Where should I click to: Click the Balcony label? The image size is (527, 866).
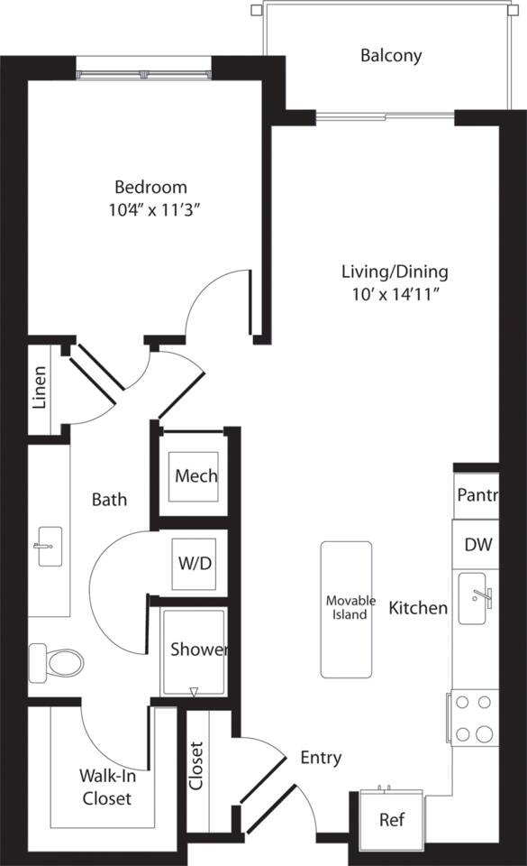[x=391, y=56]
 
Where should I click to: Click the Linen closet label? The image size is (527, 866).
[x=40, y=388]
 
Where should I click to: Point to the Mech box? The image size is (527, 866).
[x=195, y=476]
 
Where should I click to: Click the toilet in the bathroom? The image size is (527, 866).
[x=58, y=662]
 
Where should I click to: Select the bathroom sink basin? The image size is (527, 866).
[x=49, y=547]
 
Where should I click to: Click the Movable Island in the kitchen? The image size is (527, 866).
[x=347, y=609]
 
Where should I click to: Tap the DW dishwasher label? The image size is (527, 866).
[x=477, y=545]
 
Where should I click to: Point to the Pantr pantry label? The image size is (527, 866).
[x=477, y=495]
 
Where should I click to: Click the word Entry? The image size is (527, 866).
[x=321, y=758]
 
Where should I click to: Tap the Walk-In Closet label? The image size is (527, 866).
[x=107, y=787]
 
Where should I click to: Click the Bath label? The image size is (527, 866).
[x=110, y=500]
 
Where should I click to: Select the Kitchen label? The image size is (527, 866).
[x=418, y=609]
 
